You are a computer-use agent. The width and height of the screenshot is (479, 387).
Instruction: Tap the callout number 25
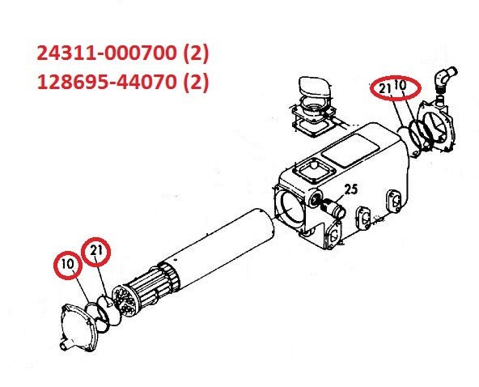(x=350, y=191)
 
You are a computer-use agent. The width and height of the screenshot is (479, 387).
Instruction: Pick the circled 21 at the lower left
(x=98, y=253)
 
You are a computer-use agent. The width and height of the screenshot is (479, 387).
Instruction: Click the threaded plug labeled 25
(x=333, y=209)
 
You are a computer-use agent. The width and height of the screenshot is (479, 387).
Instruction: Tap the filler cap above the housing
(x=311, y=90)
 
